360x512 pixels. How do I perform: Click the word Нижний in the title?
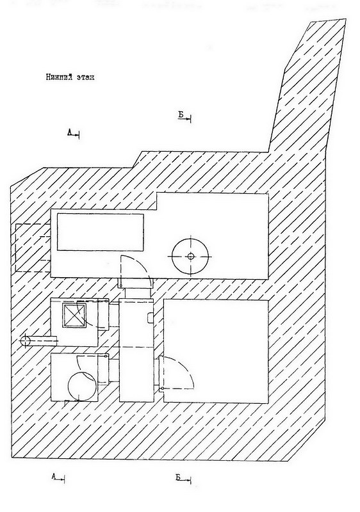click(x=59, y=77)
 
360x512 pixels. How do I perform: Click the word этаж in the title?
click(x=85, y=77)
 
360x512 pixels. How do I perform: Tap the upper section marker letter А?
click(x=70, y=132)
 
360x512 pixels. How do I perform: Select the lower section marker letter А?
click(x=54, y=476)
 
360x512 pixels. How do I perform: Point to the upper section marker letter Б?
click(x=181, y=115)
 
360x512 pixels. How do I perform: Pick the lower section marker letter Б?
click(x=178, y=477)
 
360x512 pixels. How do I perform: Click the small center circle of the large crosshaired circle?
click(x=190, y=257)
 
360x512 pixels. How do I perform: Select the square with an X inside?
click(x=74, y=315)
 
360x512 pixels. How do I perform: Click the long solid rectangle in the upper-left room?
click(x=101, y=232)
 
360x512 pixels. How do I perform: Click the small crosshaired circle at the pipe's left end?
click(x=25, y=341)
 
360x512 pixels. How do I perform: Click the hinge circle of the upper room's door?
click(x=121, y=286)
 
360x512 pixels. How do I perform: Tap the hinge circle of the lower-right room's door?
click(x=161, y=388)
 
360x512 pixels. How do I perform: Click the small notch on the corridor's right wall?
click(x=151, y=317)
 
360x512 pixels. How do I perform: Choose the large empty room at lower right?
click(x=216, y=351)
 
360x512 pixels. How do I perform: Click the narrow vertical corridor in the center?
click(x=136, y=349)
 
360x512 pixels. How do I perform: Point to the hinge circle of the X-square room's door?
click(x=107, y=300)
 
